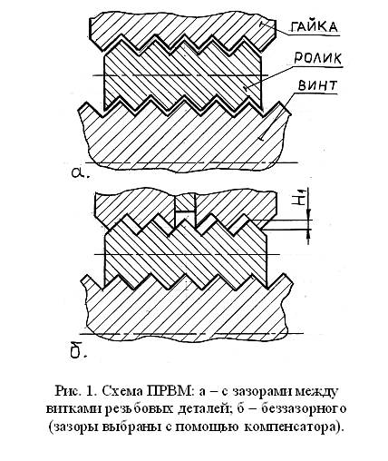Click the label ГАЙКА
tap(314, 27)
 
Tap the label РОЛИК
tap(317, 58)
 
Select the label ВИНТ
tap(317, 85)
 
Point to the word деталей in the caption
tap(204, 409)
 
